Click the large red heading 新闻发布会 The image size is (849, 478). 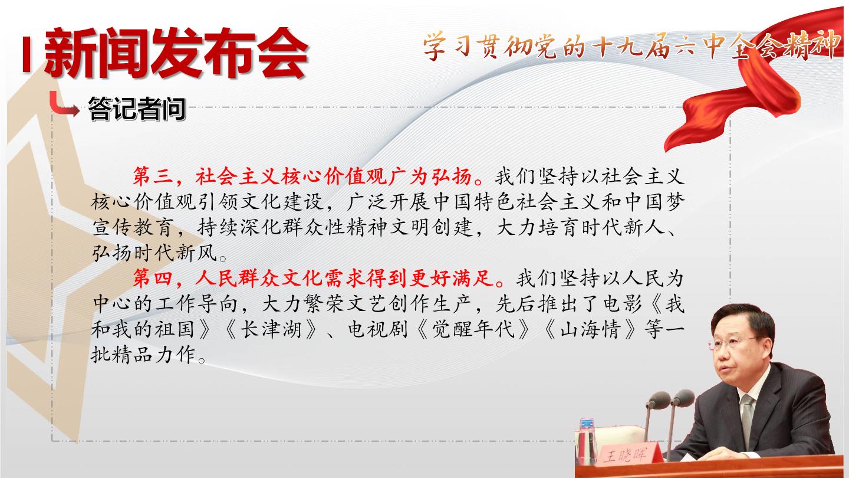click(176, 53)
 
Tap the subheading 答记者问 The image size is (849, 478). click(137, 109)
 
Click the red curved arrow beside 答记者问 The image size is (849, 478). click(64, 104)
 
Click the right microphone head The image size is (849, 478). click(683, 398)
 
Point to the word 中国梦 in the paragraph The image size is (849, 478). click(654, 202)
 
